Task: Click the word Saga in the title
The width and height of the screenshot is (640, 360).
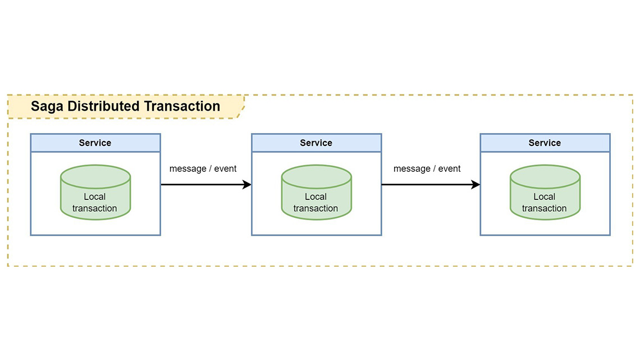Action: point(47,106)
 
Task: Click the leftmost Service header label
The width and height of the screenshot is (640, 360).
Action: point(95,143)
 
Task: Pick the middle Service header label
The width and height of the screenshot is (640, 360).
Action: point(316,143)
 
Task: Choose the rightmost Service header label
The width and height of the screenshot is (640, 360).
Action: point(545,143)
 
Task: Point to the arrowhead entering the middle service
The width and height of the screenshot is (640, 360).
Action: point(246,185)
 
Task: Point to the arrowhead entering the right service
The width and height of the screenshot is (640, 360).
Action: point(476,185)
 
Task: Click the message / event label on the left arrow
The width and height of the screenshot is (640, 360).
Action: point(203,168)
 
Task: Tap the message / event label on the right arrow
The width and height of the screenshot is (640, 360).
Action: point(427,168)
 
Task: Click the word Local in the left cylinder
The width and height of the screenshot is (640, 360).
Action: point(95,197)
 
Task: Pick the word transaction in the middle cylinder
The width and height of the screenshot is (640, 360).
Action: point(316,208)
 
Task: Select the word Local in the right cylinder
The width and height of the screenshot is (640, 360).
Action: point(544,197)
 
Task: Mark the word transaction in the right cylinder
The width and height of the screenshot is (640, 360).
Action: point(544,208)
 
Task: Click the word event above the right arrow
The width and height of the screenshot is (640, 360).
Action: point(449,168)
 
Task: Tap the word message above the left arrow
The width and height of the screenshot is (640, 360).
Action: point(188,168)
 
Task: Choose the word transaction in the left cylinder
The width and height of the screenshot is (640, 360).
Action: point(95,208)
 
